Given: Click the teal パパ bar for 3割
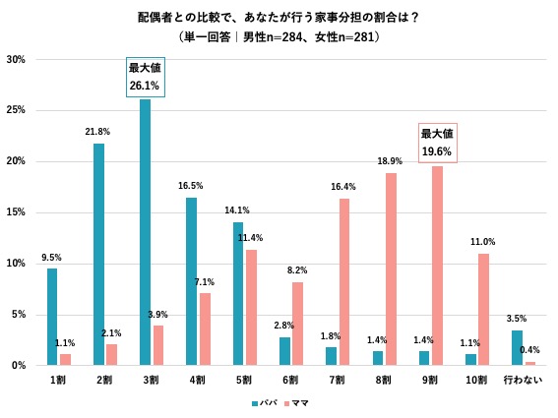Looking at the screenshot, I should pyautogui.click(x=145, y=232).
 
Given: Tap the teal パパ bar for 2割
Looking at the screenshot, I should pyautogui.click(x=98, y=254).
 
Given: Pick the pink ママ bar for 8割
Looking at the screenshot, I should pyautogui.click(x=390, y=269).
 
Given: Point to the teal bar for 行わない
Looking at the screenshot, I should pyautogui.click(x=517, y=347).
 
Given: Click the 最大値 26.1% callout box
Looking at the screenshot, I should pyautogui.click(x=145, y=78).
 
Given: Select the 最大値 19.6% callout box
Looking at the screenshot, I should pyautogui.click(x=436, y=143).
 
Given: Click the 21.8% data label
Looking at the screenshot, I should pyautogui.click(x=98, y=132).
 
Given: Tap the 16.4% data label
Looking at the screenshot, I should pyautogui.click(x=343, y=187).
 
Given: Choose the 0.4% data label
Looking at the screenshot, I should pyautogui.click(x=529, y=350).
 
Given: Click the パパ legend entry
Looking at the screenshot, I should pyautogui.click(x=264, y=402).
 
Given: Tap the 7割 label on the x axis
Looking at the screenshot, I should pyautogui.click(x=337, y=380).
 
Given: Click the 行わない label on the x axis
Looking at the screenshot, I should pyautogui.click(x=522, y=380).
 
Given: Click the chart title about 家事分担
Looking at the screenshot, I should pyautogui.click(x=279, y=18).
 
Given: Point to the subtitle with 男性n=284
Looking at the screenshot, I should pyautogui.click(x=279, y=36).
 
